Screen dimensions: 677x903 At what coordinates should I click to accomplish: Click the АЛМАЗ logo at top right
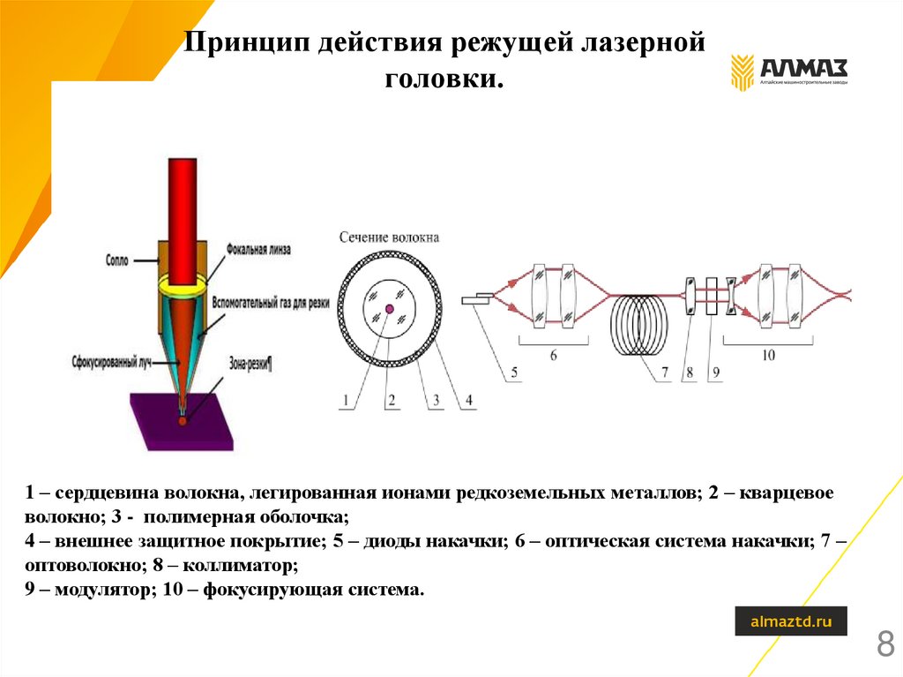(787, 71)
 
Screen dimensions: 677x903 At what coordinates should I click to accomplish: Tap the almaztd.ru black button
(791, 621)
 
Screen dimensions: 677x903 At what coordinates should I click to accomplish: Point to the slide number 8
(884, 644)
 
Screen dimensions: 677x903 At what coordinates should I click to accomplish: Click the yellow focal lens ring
(183, 285)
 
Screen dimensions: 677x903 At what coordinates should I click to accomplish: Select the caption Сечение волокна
(389, 237)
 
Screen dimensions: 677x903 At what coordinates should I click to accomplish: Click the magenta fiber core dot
(389, 308)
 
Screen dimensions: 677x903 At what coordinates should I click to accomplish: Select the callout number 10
(767, 355)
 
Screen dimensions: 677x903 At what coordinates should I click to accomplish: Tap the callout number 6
(553, 355)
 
